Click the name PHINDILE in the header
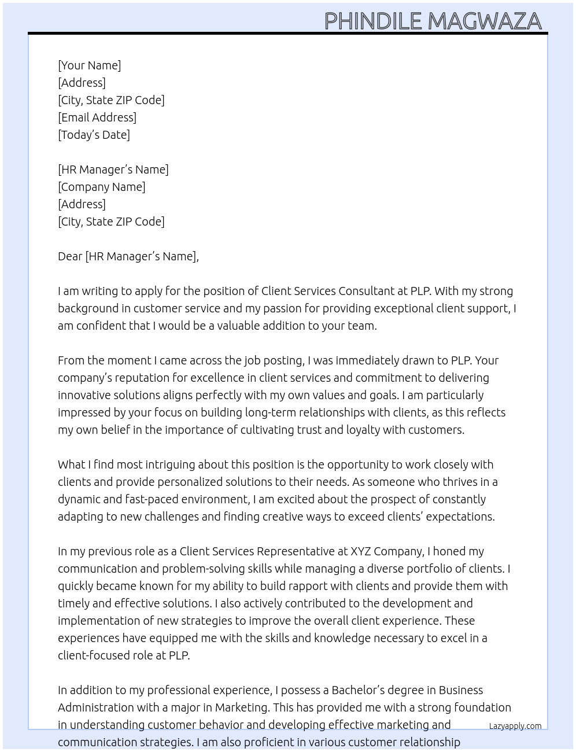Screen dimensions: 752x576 click(373, 21)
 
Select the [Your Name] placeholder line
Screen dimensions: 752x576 click(90, 65)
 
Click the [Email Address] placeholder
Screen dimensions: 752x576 click(97, 117)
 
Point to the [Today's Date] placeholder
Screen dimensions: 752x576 click(94, 135)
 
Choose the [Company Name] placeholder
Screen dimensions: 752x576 click(102, 187)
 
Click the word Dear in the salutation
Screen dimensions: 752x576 click(70, 256)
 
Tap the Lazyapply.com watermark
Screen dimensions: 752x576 click(515, 726)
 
